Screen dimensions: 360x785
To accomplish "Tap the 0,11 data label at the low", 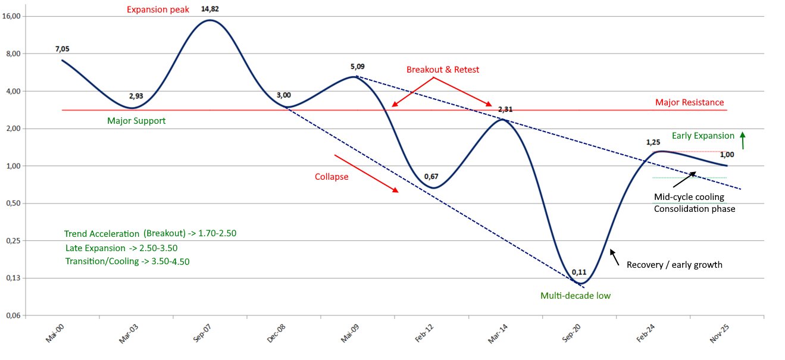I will (x=579, y=273).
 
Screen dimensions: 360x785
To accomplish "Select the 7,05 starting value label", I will (x=62, y=49).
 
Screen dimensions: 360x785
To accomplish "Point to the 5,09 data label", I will (x=356, y=67).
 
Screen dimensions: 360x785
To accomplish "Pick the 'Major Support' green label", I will (x=136, y=121).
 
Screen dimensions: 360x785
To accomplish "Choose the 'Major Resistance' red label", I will (x=689, y=102).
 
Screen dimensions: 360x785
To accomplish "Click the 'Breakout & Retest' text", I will (x=442, y=70).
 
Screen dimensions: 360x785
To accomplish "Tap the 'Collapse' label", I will (x=331, y=177).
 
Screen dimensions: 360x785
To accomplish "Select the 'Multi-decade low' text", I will (x=575, y=296).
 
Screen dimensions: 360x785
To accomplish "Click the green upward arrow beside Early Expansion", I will (x=743, y=140).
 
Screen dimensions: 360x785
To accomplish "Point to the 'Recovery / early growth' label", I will (x=674, y=264).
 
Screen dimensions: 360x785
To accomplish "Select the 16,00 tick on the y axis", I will (x=12, y=16).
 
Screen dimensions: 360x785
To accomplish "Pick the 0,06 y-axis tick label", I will (x=12, y=315).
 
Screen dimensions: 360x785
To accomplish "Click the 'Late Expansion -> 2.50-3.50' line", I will (x=121, y=248).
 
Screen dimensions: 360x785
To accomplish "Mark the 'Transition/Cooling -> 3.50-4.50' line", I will (x=127, y=261).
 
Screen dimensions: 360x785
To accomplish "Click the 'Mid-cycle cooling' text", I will (x=689, y=197).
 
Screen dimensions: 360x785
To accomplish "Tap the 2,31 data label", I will (x=505, y=109).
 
